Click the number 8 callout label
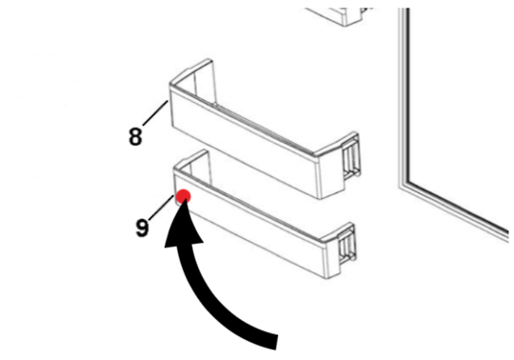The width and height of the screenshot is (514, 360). pyautogui.click(x=135, y=135)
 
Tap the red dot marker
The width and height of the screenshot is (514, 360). pyautogui.click(x=184, y=196)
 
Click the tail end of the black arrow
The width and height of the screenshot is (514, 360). pyautogui.click(x=276, y=338)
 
